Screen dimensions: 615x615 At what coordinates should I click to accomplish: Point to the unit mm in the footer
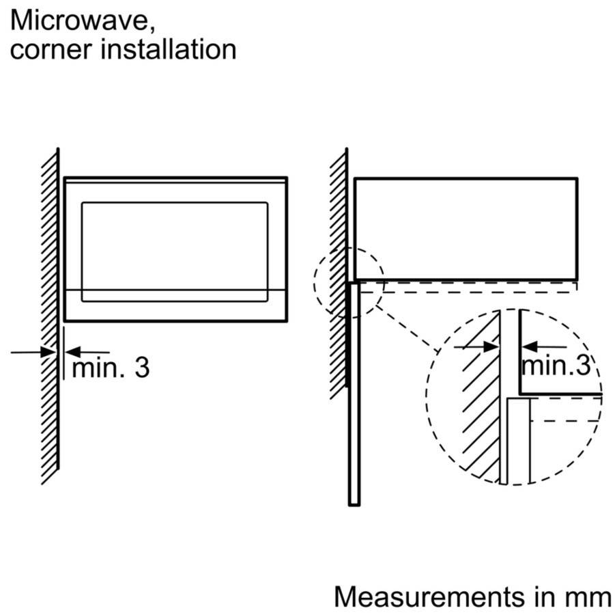588,597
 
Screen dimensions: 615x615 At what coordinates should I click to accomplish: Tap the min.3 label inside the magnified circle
556,366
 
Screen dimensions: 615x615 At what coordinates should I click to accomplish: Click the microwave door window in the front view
174,249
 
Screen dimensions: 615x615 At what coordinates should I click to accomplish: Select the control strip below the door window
174,305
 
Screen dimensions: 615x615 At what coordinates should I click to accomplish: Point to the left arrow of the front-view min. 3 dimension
34,352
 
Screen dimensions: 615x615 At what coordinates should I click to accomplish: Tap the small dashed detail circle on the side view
349,282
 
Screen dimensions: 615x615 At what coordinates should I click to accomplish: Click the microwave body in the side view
466,228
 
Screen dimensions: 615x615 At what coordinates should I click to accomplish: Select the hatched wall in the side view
338,273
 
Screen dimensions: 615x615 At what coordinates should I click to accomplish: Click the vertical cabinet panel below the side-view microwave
354,410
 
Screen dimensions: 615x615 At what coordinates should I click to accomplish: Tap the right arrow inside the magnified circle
539,346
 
